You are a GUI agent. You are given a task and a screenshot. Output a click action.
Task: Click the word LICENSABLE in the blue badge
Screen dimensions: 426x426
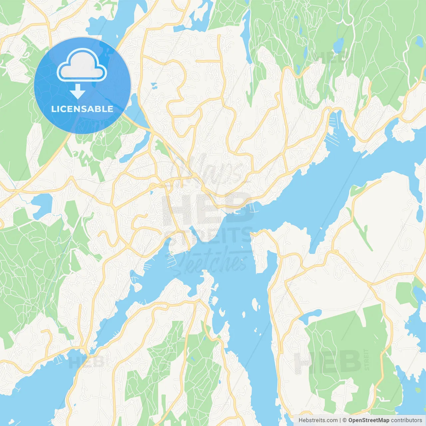[82, 109]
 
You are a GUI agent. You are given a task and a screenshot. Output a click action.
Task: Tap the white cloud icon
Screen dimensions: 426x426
[82, 66]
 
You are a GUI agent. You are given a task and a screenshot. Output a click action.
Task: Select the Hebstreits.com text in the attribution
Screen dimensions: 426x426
[318, 420]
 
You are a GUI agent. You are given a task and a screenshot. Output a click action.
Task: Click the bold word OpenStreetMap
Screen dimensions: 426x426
[368, 420]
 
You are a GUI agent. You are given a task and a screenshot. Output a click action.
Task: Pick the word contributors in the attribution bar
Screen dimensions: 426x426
[406, 420]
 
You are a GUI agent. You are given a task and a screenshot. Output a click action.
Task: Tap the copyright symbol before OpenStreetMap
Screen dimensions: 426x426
[345, 420]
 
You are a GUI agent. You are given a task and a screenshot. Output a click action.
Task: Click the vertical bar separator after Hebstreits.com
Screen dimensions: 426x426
[340, 420]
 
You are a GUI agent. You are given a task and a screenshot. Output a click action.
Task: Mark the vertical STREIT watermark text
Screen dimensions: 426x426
[366, 359]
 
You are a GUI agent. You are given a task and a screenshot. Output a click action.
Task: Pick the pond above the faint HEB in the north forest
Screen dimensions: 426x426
[338, 45]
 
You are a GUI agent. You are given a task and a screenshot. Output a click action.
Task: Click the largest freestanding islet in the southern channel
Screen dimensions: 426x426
[256, 305]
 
